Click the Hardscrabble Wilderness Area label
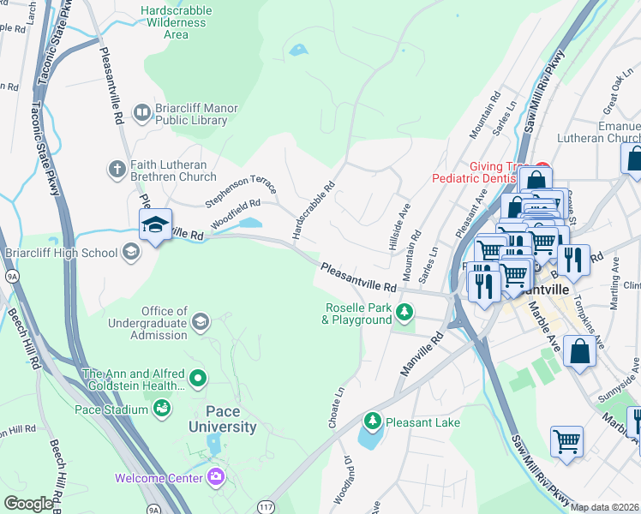[176, 23]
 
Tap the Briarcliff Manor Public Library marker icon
[143, 109]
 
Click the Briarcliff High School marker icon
[130, 252]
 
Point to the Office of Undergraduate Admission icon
[201, 321]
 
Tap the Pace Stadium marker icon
[161, 409]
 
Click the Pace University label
[219, 419]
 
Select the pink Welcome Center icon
[216, 476]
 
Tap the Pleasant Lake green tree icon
[372, 421]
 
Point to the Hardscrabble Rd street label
[314, 209]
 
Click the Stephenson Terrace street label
[241, 189]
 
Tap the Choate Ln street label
[337, 408]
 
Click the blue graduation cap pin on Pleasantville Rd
[155, 225]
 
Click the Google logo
[28, 504]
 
